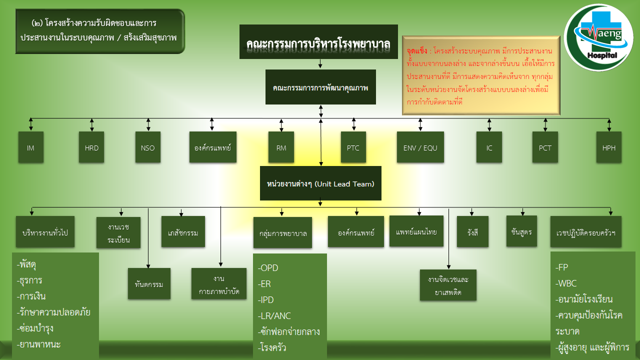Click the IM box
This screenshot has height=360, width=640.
pos(30,147)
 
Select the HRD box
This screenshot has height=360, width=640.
pos(91,147)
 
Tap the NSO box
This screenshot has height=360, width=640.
pos(148,147)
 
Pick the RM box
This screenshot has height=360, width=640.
pos(281,147)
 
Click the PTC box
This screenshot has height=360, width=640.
pos(353,147)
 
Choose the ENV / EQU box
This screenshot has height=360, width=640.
pos(420,147)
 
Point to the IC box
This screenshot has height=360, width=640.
pos(489,147)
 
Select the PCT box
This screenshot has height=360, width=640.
pos(545,147)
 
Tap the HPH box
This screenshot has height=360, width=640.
pos(608,147)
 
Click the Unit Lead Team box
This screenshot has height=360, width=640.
pos(320,183)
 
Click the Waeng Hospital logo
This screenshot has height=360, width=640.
pos(598,37)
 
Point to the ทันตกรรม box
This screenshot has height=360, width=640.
pos(149,284)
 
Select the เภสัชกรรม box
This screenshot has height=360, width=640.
pos(183,232)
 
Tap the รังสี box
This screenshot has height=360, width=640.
pos(472,232)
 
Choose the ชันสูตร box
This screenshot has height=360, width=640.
pos(521,231)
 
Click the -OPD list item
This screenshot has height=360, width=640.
pos(268,268)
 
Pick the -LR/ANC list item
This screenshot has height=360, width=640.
pos(274,315)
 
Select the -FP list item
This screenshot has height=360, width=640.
pos(561,267)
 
